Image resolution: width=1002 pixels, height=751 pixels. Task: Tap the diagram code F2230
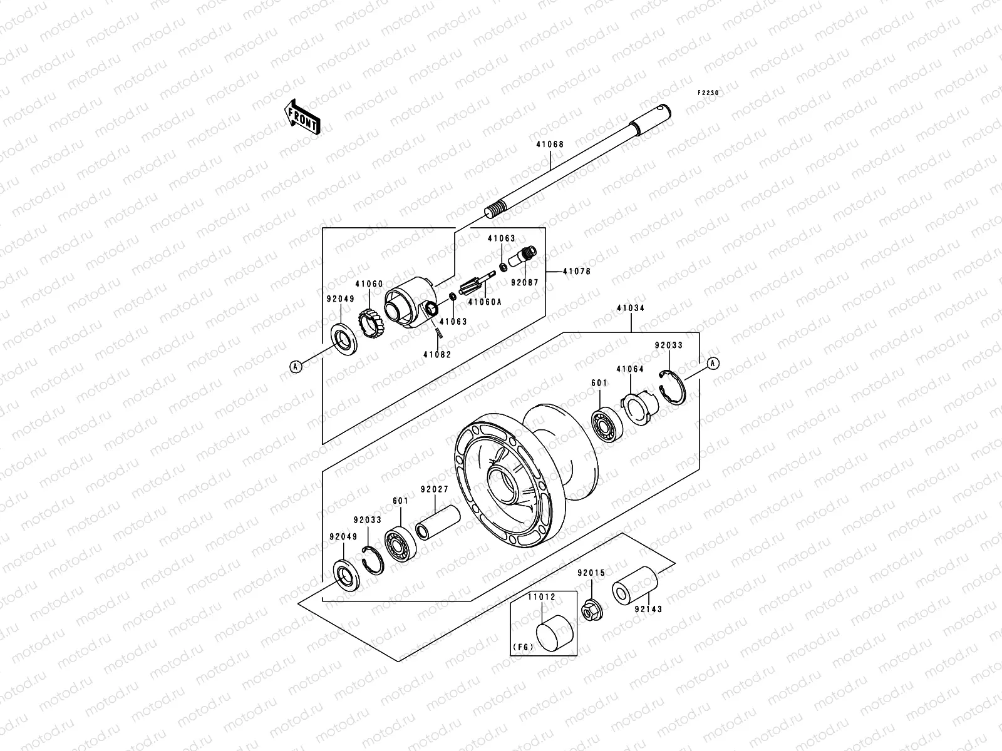(710, 93)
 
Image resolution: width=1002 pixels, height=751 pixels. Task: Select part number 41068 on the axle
(550, 145)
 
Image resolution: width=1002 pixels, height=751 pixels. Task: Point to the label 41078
(577, 272)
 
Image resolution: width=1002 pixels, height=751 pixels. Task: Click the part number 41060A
(485, 301)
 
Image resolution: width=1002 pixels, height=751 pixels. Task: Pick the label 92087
(524, 282)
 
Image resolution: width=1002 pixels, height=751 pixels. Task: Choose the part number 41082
(436, 354)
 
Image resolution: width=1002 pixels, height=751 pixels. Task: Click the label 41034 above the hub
(630, 309)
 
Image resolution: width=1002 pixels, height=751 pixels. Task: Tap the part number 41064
(630, 369)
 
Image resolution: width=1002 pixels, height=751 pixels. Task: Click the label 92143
(648, 608)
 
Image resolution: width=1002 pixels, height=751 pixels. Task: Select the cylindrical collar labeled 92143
(634, 587)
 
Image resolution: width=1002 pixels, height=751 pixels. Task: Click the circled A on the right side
(712, 364)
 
